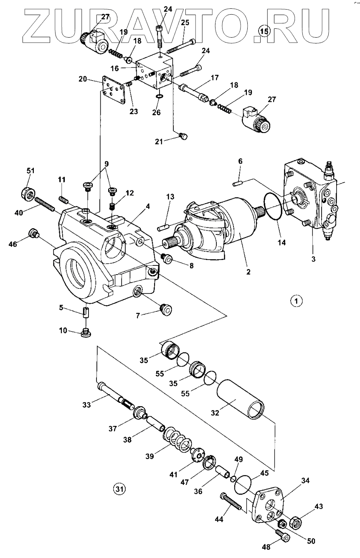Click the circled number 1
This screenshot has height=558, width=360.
pos(296,300)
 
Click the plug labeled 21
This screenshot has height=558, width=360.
pos(183,135)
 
